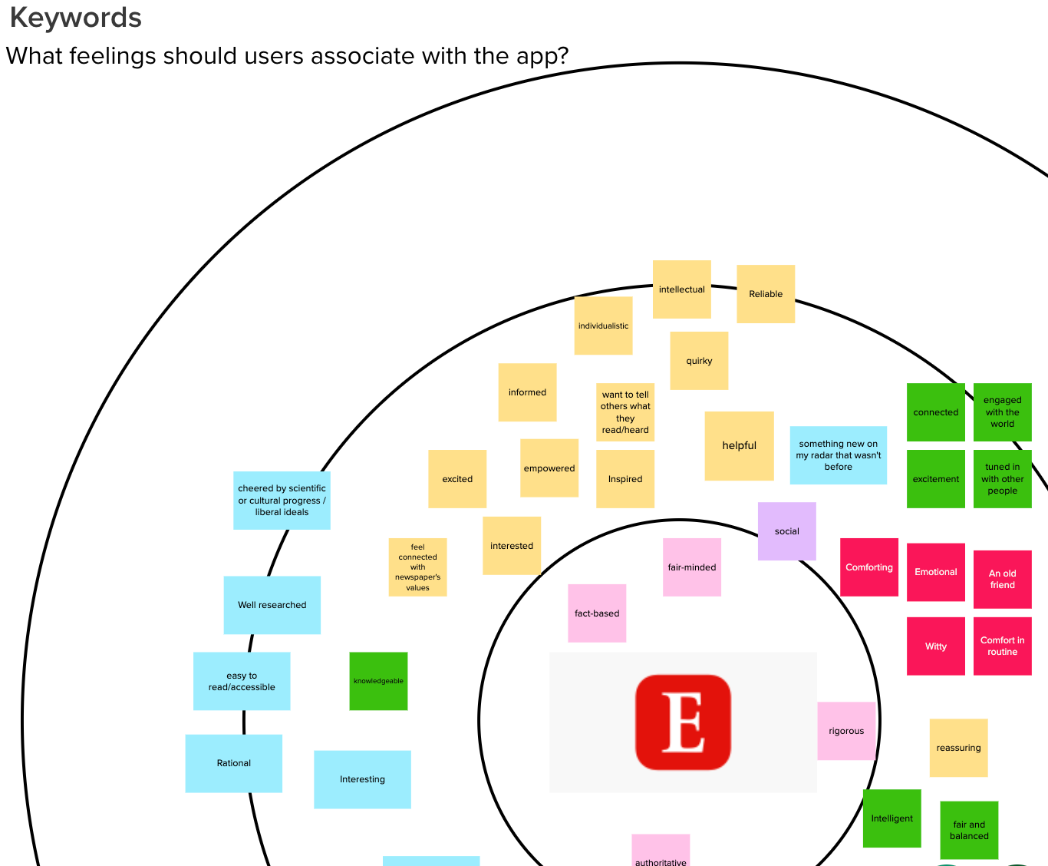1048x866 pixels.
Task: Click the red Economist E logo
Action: pos(683,722)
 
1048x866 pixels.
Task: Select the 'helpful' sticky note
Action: pos(739,446)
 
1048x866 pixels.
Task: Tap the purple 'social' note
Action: pos(786,531)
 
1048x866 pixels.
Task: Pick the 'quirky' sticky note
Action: pos(699,361)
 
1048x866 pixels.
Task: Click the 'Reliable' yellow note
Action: pos(766,294)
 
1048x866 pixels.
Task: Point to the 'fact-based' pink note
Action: pos(597,613)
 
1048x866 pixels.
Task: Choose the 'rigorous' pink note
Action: pos(846,731)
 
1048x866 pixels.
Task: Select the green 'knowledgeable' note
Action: pos(378,681)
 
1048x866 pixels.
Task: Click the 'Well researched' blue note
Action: pos(272,605)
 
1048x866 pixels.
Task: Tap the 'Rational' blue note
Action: pos(233,763)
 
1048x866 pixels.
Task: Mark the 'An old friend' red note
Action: pos(1002,579)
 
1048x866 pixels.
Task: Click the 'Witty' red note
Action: pos(935,646)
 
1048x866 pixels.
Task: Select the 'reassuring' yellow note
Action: pos(958,748)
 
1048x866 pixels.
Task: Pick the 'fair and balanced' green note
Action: pos(969,830)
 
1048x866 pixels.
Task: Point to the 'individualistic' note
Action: pos(603,326)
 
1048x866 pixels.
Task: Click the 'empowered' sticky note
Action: pos(549,468)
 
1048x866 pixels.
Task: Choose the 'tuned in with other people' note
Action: pos(1002,479)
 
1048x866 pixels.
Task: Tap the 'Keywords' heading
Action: pos(75,18)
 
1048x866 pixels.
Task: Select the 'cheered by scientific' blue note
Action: pos(282,501)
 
